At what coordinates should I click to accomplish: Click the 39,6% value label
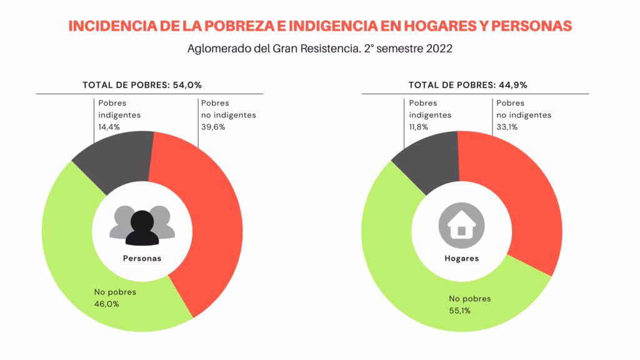click(x=212, y=126)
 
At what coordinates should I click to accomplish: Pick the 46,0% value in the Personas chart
click(x=106, y=304)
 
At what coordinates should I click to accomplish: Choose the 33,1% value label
click(x=507, y=126)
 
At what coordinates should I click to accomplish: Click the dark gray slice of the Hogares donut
click(x=428, y=159)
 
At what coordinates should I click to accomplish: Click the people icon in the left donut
click(x=142, y=226)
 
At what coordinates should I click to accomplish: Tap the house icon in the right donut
click(x=461, y=224)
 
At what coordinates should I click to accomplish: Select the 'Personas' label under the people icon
click(x=142, y=258)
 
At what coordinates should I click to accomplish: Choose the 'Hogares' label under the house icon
click(x=461, y=258)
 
